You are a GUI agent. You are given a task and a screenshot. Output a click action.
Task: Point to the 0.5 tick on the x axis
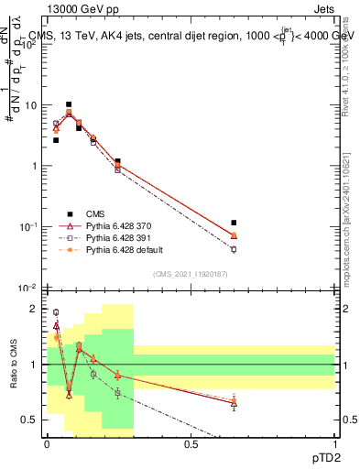191,443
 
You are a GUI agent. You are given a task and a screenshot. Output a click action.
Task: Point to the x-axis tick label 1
334,443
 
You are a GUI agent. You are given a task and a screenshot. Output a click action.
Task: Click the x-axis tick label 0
47,443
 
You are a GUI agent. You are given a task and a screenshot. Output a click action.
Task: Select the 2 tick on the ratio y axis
36,310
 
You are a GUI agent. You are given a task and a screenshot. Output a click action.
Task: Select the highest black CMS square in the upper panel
69,104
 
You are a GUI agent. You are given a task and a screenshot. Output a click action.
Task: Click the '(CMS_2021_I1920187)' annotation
190,274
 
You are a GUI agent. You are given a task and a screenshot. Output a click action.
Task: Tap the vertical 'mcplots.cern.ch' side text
348,238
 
